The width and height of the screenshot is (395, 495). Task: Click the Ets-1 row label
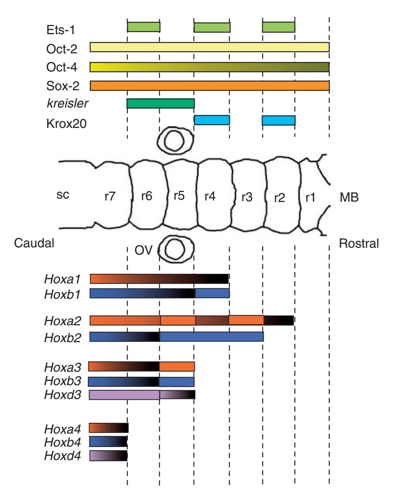click(x=60, y=30)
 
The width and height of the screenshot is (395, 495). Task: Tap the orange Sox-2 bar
click(x=210, y=86)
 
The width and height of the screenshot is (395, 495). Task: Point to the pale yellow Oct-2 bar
click(x=210, y=47)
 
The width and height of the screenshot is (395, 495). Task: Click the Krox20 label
click(x=66, y=124)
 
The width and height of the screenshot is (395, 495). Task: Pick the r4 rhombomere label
click(x=210, y=196)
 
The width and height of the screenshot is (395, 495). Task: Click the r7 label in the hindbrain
click(x=110, y=196)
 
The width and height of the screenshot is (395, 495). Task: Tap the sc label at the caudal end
click(x=63, y=195)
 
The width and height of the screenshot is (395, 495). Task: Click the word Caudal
click(x=34, y=243)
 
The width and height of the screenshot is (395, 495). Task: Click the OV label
click(x=143, y=251)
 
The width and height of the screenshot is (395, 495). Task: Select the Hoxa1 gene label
click(x=63, y=278)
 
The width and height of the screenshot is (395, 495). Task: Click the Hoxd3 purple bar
click(x=142, y=395)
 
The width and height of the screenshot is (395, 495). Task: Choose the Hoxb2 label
click(x=63, y=338)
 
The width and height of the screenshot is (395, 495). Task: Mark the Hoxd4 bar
click(x=108, y=456)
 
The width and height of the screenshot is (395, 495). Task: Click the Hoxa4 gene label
click(x=63, y=429)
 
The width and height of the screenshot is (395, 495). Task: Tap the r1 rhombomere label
click(x=310, y=197)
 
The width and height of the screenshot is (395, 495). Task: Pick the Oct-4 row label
click(x=62, y=67)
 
